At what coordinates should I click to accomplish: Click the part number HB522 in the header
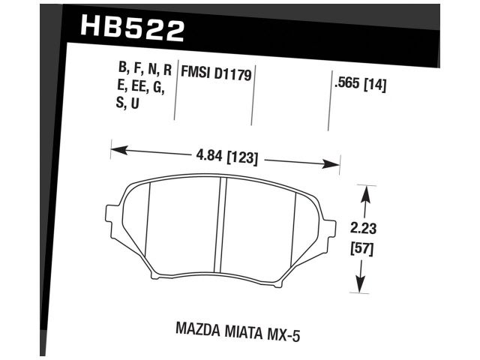(x=130, y=29)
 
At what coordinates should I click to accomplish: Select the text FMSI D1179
(x=215, y=73)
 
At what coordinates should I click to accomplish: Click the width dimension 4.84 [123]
(x=224, y=158)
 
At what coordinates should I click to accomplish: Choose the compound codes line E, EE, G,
(x=142, y=88)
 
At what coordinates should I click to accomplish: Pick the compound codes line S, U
(x=127, y=105)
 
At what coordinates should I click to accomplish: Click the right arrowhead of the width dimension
(x=335, y=164)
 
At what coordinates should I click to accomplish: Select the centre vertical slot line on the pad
(x=222, y=225)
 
